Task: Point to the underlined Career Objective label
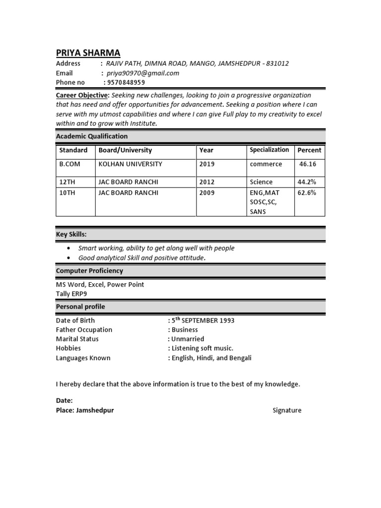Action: coord(82,95)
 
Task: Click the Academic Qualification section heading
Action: coord(92,136)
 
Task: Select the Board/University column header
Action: coord(125,150)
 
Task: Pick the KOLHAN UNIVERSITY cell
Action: coord(130,164)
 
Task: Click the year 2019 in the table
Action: coord(207,164)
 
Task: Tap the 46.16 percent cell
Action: coord(308,164)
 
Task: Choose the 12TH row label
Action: coord(67,182)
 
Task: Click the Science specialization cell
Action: coord(261,182)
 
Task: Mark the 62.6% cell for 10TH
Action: coord(307,192)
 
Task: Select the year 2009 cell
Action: coord(207,192)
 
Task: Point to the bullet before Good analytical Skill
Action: coord(68,258)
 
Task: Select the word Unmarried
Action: coord(188,339)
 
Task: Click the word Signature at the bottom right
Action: coord(287,410)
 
